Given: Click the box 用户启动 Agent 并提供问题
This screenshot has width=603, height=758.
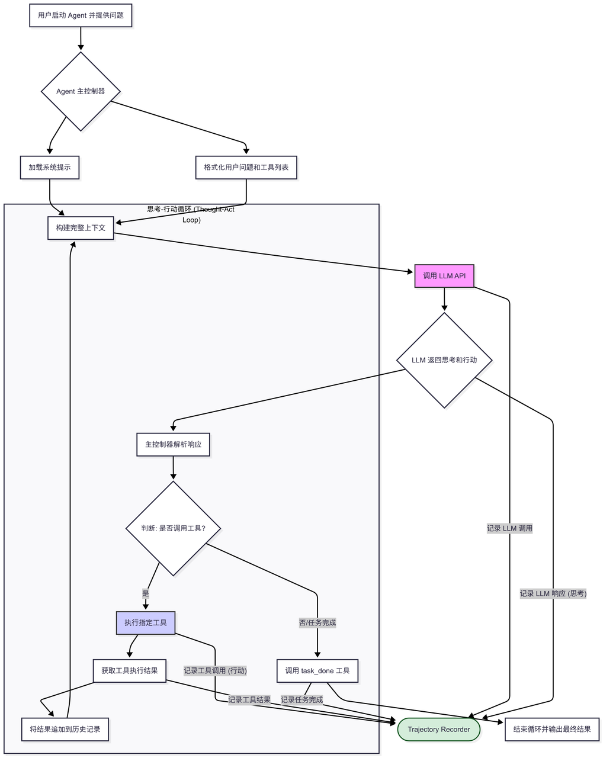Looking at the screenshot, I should [81, 15].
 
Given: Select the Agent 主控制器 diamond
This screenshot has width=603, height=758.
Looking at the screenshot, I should [81, 91].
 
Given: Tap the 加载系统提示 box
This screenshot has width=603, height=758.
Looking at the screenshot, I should [50, 168].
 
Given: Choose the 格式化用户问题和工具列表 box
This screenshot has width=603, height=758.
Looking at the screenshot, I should [246, 168].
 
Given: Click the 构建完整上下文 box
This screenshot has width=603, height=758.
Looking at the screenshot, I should [81, 228].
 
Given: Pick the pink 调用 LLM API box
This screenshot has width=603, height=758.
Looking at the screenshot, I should [444, 276].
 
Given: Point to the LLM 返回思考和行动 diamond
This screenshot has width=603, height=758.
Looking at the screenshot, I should [444, 360].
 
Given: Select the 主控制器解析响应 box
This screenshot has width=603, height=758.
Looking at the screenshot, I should [173, 444].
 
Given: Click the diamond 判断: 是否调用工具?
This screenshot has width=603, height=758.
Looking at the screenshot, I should [173, 528].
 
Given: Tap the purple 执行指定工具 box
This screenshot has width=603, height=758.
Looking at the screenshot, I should [146, 623].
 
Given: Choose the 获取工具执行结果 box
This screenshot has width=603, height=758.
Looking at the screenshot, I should [129, 671].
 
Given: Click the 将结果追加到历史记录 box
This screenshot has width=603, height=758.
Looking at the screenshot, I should [65, 730].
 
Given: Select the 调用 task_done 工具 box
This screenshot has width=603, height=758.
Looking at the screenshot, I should [317, 671].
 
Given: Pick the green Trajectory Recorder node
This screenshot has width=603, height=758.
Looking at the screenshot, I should [438, 730].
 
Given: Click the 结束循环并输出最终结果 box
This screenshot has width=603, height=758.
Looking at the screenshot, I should [551, 730].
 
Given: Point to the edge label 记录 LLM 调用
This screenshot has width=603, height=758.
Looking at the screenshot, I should [509, 528].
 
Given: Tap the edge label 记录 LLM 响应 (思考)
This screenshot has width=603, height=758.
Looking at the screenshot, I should [553, 593].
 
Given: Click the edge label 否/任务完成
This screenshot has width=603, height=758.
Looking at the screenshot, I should [317, 623].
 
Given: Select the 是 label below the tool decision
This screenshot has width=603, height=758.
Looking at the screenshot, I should [146, 593].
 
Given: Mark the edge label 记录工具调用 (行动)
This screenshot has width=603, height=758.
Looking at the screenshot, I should [215, 671].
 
